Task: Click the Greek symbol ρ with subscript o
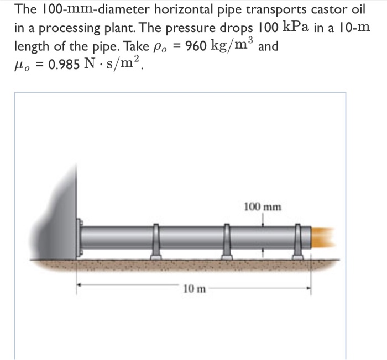click(x=166, y=47)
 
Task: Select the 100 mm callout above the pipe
click(x=262, y=208)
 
